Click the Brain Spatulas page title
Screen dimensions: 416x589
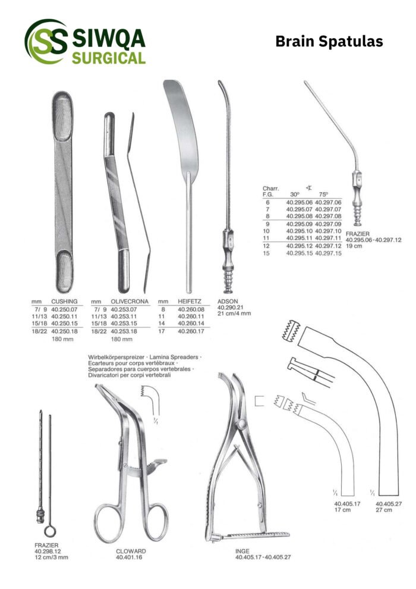pos(329,42)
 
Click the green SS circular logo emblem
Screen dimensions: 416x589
pos(46,41)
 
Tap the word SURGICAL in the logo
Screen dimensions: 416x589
pos(109,58)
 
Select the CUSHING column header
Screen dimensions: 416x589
pos(64,301)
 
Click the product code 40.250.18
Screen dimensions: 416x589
pos(64,331)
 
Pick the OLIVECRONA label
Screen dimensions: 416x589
pos(130,301)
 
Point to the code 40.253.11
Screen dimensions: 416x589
pos(124,317)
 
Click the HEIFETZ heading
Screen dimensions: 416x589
pos(190,301)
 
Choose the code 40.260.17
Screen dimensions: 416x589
pos(191,331)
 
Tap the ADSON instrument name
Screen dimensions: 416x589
pos(228,301)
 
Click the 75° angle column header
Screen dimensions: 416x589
pos(323,195)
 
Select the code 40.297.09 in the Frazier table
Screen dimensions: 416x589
pos(328,224)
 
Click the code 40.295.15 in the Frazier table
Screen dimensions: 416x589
pos(300,253)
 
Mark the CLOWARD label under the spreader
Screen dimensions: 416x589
pos(131,551)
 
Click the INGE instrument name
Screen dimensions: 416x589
pos(242,551)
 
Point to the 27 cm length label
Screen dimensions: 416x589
pos(384,510)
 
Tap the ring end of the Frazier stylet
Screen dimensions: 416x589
pos(50,531)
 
